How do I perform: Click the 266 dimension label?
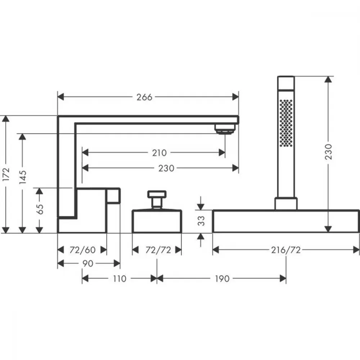click(x=144, y=97)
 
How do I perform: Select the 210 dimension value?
click(x=159, y=153)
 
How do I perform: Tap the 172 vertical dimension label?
click(x=6, y=174)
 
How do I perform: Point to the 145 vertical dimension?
click(x=22, y=177)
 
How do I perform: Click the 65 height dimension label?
click(x=40, y=209)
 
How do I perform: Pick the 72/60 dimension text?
click(x=82, y=250)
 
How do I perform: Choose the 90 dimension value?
click(x=88, y=264)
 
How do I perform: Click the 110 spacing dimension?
click(x=120, y=279)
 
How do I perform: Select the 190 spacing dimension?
click(x=222, y=279)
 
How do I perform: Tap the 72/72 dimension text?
click(x=158, y=250)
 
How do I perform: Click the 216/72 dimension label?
click(x=286, y=250)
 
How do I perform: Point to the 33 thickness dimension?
click(x=201, y=221)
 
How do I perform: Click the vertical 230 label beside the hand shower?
click(x=329, y=152)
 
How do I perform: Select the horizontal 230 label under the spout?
click(x=166, y=168)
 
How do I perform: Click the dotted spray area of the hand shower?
click(x=286, y=123)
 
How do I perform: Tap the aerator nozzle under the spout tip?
click(x=225, y=129)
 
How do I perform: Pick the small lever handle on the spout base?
click(x=113, y=195)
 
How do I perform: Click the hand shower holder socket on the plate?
click(x=286, y=204)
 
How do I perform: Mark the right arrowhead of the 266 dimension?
click(x=235, y=97)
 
